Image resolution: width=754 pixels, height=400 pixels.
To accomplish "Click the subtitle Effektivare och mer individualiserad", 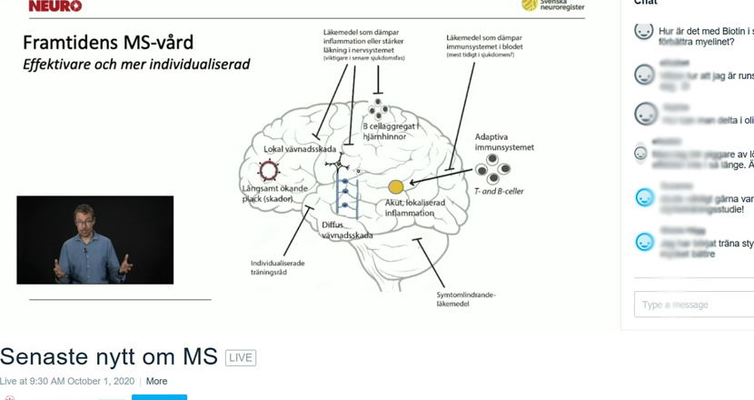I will (136, 65).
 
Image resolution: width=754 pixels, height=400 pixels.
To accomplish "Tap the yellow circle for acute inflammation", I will (396, 187).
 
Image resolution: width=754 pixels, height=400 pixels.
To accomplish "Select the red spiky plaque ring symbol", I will (269, 170).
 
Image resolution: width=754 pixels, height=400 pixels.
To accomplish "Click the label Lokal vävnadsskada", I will (300, 149).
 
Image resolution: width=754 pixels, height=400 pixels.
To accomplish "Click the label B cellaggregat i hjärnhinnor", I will (384, 132).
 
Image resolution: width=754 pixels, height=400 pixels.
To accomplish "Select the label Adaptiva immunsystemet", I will (504, 142).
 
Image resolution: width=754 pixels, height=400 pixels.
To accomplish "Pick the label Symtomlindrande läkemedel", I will (464, 300).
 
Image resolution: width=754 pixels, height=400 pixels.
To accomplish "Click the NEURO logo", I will (55, 5).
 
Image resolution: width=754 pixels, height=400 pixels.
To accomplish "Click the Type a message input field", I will (695, 305).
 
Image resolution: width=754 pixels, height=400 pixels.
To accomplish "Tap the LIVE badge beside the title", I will (241, 357).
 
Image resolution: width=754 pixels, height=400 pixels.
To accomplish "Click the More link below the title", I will (156, 381).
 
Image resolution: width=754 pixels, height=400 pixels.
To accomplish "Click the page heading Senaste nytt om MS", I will (109, 356).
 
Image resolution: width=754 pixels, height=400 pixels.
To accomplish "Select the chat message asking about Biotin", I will (704, 36).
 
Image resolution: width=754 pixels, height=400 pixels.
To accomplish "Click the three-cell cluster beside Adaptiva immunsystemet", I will (493, 167).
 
